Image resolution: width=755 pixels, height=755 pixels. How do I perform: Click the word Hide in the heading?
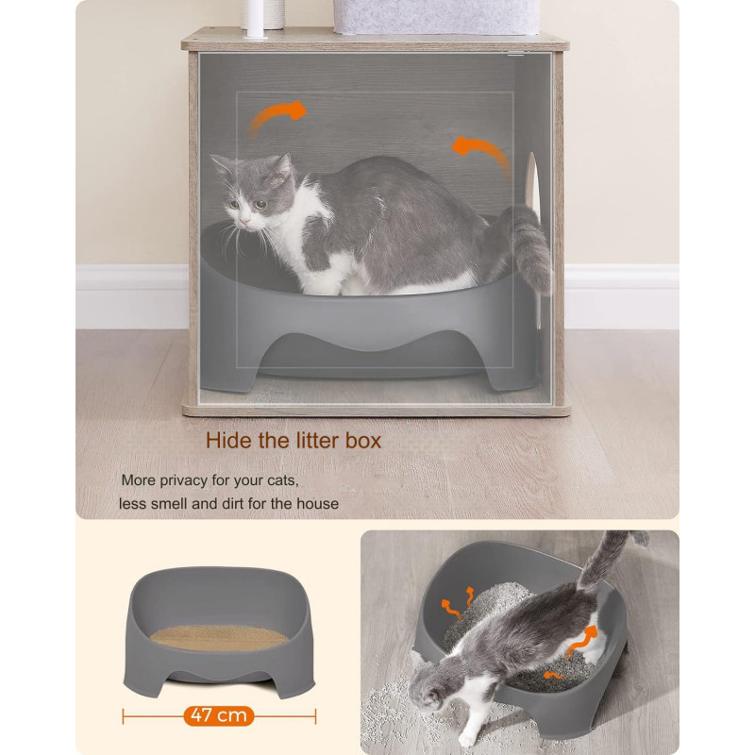228,441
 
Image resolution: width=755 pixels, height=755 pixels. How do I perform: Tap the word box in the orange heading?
363,441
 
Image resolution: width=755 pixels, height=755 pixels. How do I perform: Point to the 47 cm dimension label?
219,715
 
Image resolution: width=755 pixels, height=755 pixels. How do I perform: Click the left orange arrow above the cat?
276,118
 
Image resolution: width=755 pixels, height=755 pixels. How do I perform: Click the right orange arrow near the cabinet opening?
481,153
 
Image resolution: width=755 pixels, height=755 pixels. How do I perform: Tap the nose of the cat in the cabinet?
244,221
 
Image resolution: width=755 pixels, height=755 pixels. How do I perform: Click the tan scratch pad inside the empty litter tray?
219,638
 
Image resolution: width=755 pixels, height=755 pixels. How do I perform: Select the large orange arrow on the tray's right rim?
581,641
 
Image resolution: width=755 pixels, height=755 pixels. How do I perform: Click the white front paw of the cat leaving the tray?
468,737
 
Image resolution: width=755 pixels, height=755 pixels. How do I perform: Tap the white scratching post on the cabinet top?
255,19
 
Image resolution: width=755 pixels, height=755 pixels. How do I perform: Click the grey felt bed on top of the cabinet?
436,17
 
